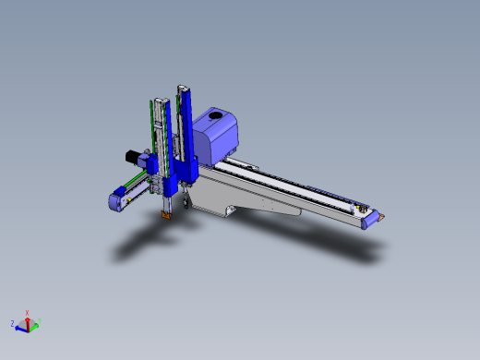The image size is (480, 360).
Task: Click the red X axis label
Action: [27, 312]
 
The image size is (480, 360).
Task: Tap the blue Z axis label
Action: [12, 324]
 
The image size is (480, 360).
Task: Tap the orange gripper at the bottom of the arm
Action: [167, 215]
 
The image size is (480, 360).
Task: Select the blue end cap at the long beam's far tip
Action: [370, 220]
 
